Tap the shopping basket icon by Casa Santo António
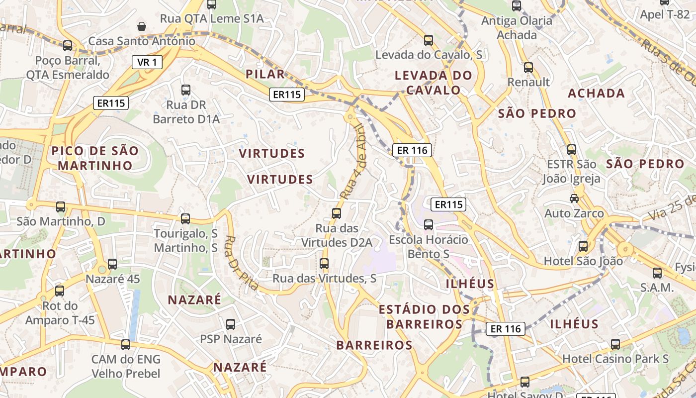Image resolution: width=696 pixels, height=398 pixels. coord(142,26)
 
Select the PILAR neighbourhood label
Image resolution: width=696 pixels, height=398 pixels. coord(265,74)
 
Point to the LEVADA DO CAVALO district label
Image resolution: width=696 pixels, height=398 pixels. coord(434,83)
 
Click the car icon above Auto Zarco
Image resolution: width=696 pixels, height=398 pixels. coord(574,198)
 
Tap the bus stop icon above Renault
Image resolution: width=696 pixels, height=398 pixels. coord(528,68)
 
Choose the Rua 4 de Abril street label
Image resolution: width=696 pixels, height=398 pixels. coord(354,162)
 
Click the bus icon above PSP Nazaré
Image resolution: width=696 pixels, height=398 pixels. coord(231,324)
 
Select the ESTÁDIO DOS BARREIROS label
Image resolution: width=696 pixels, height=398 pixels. coord(424,317)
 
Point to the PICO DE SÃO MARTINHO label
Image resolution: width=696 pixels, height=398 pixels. coord(95,158)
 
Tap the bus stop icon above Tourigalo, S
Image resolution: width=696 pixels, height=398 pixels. coord(185,218)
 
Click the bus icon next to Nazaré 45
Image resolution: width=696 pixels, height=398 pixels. coord(112,264)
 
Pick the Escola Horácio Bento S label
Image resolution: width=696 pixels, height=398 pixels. coord(429,246)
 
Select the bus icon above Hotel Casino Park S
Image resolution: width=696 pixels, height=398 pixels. coord(615,344)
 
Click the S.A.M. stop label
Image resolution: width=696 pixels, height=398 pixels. coord(657,288)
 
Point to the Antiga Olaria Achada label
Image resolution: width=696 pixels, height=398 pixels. coord(517,28)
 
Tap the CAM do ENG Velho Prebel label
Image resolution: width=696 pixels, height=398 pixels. coord(126,366)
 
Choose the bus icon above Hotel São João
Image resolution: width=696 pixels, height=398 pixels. coord(583,246)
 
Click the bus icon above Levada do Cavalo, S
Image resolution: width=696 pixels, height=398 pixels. coord(429,40)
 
